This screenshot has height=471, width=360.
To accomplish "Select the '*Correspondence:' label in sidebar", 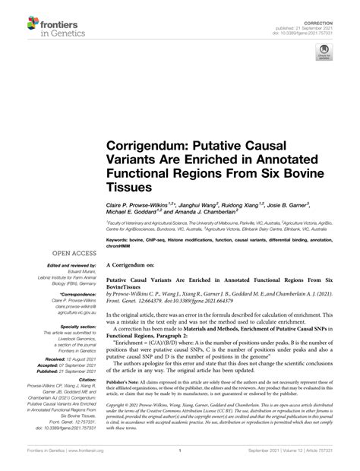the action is click(79, 292).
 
